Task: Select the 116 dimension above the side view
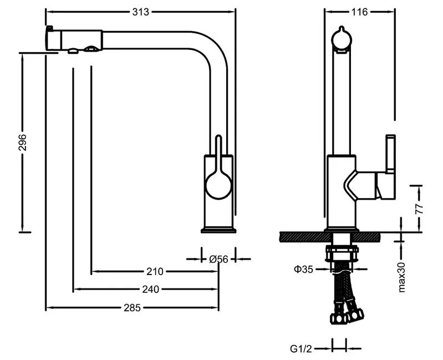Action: coord(359,12)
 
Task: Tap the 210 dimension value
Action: coord(155,271)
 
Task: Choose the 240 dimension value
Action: coord(150,289)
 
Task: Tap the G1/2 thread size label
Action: coord(302,348)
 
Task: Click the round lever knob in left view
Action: coord(218,185)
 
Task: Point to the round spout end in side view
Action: coord(341,39)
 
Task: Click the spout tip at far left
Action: coord(49,40)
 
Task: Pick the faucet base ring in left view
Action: coord(218,230)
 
